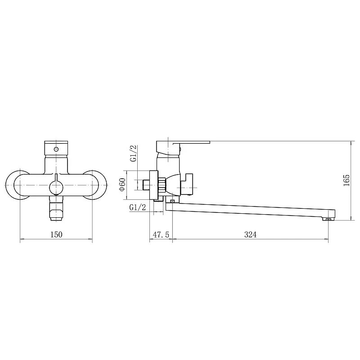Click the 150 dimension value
point(56,234)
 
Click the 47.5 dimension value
point(161,234)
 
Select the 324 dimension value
point(250,234)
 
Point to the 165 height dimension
point(346,180)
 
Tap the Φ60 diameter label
point(122,184)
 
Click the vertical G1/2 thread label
point(133,153)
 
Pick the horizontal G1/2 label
point(138,207)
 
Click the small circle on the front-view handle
point(56,149)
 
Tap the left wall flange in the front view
point(9,185)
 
